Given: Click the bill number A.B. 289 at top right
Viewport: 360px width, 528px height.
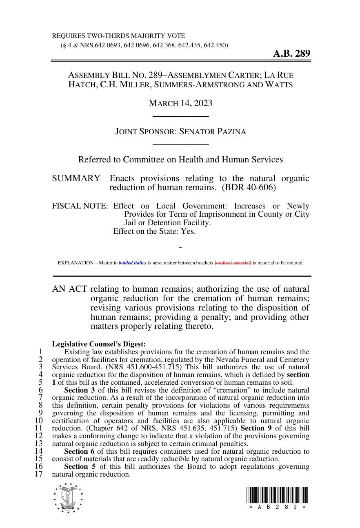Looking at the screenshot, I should pyautogui.click(x=291, y=53).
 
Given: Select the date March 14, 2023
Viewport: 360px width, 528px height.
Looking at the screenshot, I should pyautogui.click(x=180, y=103).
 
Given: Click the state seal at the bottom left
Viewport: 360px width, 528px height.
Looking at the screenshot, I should pyautogui.click(x=68, y=498).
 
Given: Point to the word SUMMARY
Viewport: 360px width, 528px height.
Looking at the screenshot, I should pyautogui.click(x=76, y=179).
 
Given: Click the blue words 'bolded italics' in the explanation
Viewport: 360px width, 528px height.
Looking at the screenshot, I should pyautogui.click(x=132, y=263).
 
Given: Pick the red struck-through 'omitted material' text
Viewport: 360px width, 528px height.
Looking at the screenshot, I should pyautogui.click(x=233, y=263).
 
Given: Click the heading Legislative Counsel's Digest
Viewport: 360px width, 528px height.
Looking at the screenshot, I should pyautogui.click(x=99, y=344).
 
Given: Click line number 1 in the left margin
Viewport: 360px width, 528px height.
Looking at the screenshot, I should pyautogui.click(x=40, y=352).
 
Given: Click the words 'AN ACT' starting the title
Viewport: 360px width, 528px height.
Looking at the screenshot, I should pyautogui.click(x=69, y=289).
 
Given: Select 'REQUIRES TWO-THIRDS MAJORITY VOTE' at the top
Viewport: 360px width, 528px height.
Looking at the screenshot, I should pyautogui.click(x=118, y=36).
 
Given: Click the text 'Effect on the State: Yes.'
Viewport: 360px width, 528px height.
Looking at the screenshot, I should pyautogui.click(x=154, y=231).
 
